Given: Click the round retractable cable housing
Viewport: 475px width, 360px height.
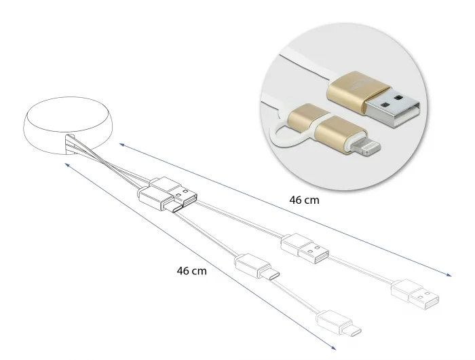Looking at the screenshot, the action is point(69,125).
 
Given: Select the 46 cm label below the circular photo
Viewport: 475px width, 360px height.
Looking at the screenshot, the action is point(304,200).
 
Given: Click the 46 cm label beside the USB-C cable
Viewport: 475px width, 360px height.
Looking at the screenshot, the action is point(191,270).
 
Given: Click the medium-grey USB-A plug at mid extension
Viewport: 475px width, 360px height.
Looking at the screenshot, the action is point(305,249).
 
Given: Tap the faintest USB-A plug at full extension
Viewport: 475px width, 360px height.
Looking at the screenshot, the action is point(415,295).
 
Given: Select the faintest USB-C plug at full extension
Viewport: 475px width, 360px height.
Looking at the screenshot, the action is point(339,323).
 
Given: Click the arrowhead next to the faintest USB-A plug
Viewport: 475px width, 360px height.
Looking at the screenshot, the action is point(449,275).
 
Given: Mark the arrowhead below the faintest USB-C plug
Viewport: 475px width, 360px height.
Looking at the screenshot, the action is point(333,348).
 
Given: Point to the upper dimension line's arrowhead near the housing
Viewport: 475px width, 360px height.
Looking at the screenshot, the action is point(122,145).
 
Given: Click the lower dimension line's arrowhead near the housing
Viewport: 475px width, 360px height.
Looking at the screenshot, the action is point(68,164).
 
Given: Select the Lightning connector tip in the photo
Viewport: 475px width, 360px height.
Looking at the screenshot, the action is point(366,149).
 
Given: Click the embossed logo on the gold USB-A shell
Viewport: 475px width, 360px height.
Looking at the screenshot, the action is point(359,85).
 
